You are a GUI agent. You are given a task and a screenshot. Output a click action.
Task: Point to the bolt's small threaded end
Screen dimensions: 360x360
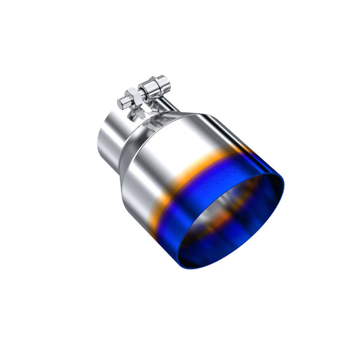(x=122, y=103)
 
